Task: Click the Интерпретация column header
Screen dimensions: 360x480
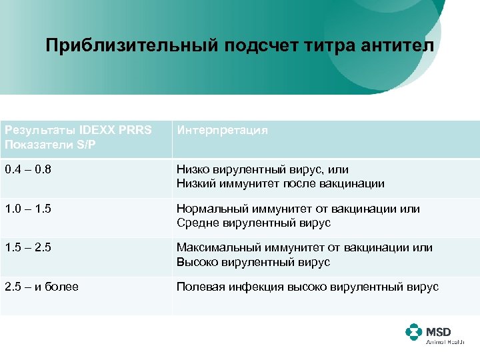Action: click(222, 130)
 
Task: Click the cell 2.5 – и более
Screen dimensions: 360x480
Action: click(41, 287)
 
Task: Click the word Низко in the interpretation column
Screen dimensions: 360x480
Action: click(193, 170)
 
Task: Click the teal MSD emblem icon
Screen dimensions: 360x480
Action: click(413, 332)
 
